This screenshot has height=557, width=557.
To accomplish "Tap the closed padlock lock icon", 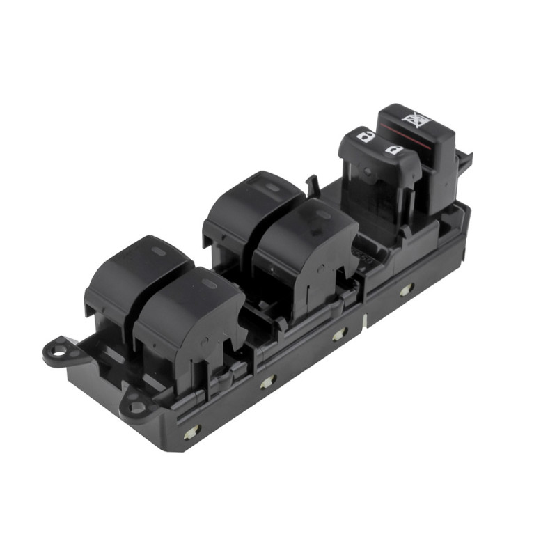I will (393, 150).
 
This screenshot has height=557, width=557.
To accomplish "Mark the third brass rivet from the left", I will (339, 334).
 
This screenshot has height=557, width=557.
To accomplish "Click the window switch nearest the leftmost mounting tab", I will (136, 275).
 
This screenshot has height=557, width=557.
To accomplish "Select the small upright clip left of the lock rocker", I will (313, 183).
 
